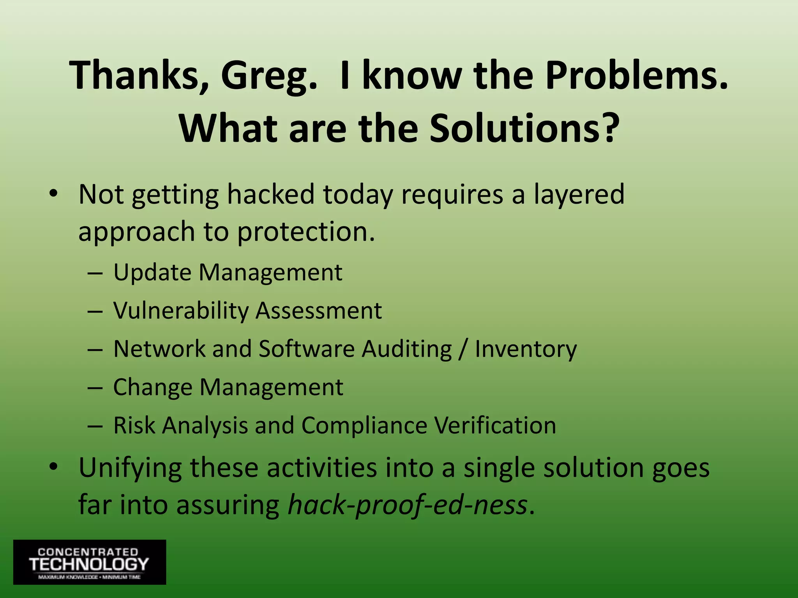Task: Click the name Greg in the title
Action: tap(269, 76)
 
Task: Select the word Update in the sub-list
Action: tap(152, 273)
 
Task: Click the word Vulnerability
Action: tap(181, 311)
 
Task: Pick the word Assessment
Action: tap(319, 311)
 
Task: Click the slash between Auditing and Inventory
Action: tap(463, 349)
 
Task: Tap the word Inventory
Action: tap(526, 349)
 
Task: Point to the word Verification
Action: tap(495, 425)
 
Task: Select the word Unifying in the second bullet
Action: tap(130, 468)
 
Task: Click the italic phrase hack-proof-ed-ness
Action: tap(408, 505)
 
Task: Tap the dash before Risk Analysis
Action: tap(95, 426)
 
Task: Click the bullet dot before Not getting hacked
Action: tap(53, 193)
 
